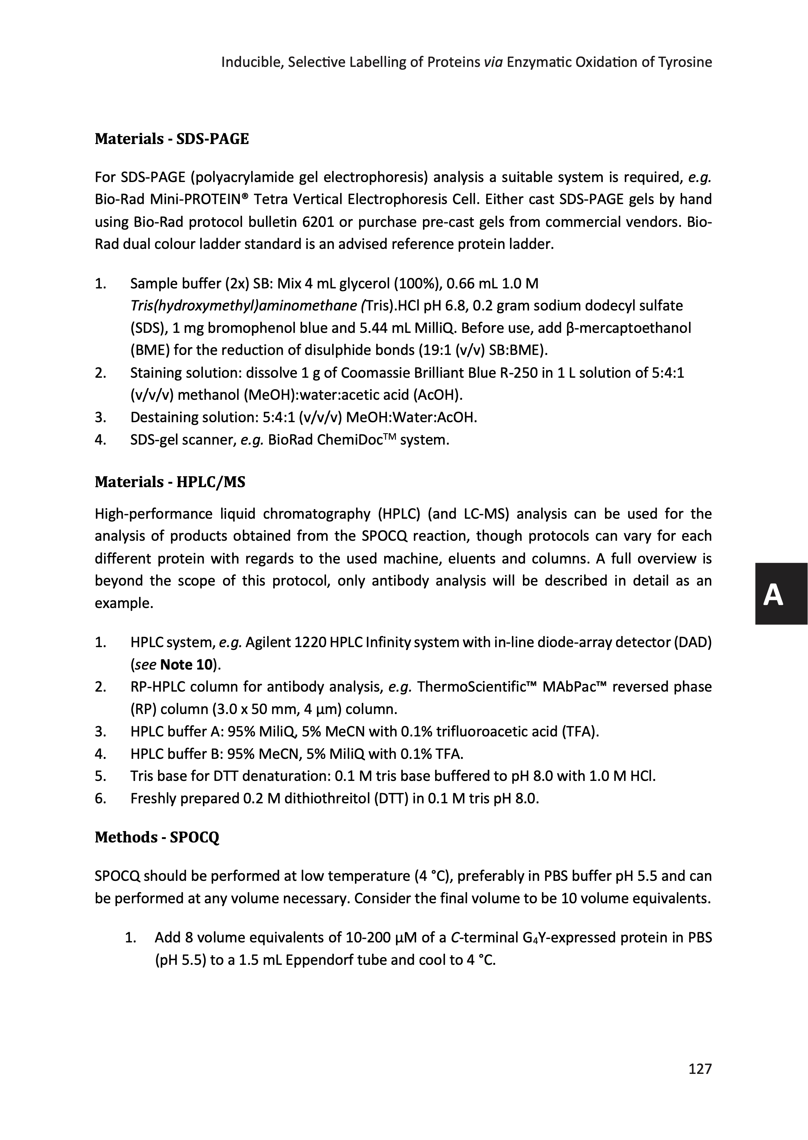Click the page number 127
(700, 1069)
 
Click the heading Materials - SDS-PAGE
(172, 139)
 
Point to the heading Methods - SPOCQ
(157, 838)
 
